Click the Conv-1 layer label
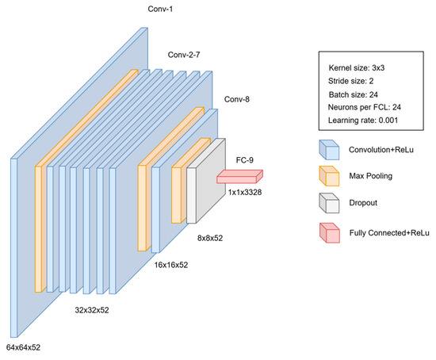point(160,9)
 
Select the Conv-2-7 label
point(184,55)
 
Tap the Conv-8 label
point(237,99)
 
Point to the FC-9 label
point(245,160)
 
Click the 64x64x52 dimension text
point(23,347)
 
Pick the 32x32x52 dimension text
point(92,310)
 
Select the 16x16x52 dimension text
point(171,265)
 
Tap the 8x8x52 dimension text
point(210,238)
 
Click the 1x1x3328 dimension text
point(245,192)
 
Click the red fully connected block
point(239,177)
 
